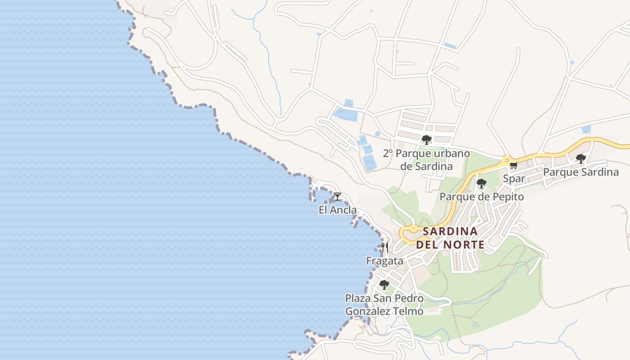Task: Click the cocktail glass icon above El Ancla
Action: pyautogui.click(x=337, y=197)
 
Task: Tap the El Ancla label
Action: pyautogui.click(x=337, y=210)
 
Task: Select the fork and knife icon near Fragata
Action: pyautogui.click(x=385, y=247)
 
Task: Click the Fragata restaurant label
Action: pyautogui.click(x=385, y=261)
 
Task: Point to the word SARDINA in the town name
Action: pyautogui.click(x=450, y=231)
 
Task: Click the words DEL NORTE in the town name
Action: pyautogui.click(x=450, y=245)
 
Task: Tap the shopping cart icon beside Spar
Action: pyautogui.click(x=513, y=166)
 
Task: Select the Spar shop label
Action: pyautogui.click(x=514, y=179)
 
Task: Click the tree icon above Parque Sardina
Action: pyautogui.click(x=581, y=158)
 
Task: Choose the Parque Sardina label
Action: pyautogui.click(x=580, y=172)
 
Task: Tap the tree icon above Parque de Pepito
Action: pyautogui.click(x=481, y=183)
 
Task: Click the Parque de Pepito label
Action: pyautogui.click(x=481, y=197)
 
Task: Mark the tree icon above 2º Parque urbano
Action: pyautogui.click(x=427, y=139)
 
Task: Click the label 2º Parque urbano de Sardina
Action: pyautogui.click(x=427, y=160)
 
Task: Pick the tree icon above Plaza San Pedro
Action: pyautogui.click(x=384, y=284)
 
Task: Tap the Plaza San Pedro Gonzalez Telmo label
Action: pyautogui.click(x=384, y=305)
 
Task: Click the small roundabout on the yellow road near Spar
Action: pyautogui.click(x=507, y=159)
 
